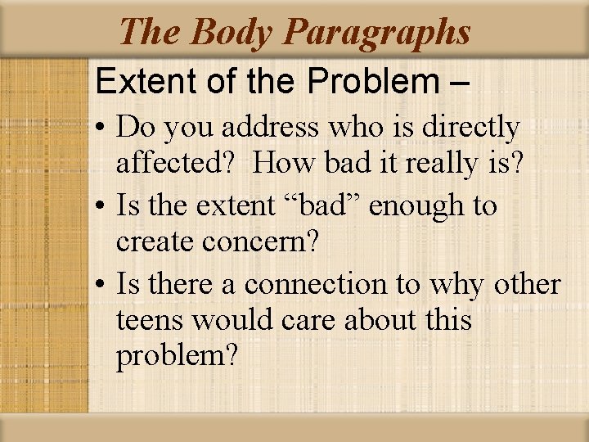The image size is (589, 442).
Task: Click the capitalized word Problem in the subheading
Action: (x=375, y=81)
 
